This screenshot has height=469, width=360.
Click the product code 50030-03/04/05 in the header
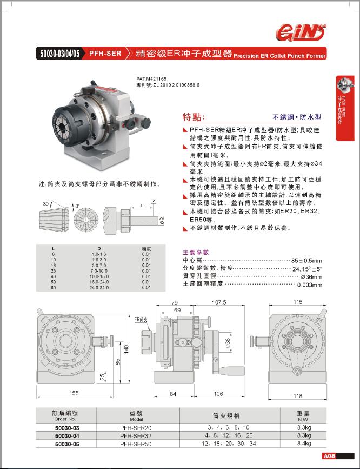click(x=59, y=54)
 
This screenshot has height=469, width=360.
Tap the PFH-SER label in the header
click(x=105, y=54)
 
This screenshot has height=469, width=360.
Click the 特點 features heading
click(x=195, y=116)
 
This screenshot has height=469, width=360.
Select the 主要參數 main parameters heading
click(x=196, y=252)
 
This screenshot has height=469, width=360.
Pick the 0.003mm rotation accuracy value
click(x=310, y=285)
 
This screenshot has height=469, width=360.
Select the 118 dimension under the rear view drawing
click(x=297, y=396)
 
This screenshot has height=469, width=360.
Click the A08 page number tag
click(x=330, y=456)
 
